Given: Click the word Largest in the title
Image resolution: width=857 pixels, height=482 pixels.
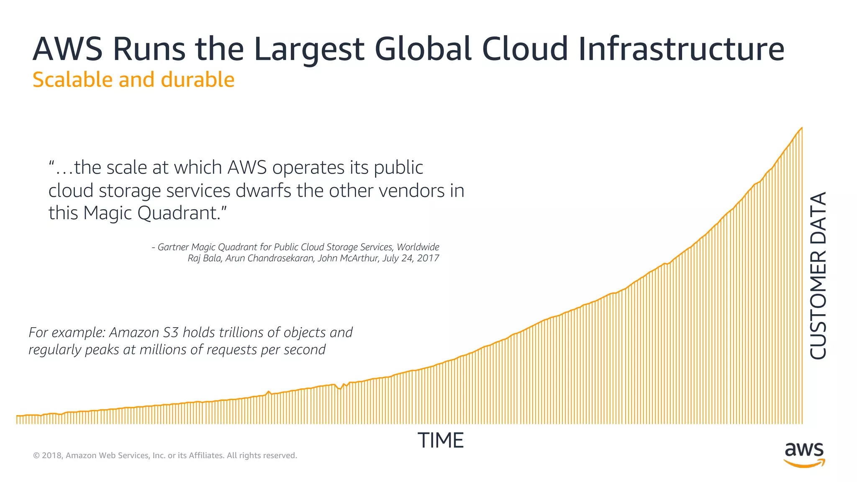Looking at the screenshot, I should pos(309,49).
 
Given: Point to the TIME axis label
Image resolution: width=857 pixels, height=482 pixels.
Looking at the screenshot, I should pos(441,441).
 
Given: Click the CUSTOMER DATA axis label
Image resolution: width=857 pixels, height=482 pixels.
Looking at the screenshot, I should pos(819,275).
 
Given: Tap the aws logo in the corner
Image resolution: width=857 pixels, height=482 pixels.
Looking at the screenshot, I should pos(804,454).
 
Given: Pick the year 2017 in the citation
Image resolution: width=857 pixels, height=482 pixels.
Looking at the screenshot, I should pos(428,258).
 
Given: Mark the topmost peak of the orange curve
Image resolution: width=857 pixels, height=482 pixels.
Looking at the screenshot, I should pos(801,128).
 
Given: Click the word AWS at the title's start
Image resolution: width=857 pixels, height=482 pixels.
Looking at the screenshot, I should pos(67,49).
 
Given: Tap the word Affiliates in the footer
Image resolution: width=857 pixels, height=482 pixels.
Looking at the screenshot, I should pos(205,455).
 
